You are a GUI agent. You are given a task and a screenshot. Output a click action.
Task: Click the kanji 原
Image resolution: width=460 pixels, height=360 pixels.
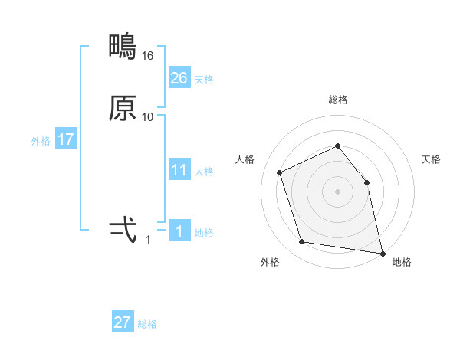(x=123, y=108)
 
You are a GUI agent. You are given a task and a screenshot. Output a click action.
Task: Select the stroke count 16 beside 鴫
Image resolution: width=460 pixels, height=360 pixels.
(x=148, y=56)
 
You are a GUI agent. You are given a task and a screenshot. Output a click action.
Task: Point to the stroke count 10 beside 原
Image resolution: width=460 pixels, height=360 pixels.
(x=148, y=116)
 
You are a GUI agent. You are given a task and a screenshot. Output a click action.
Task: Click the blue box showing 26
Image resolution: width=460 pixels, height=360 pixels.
(x=179, y=77)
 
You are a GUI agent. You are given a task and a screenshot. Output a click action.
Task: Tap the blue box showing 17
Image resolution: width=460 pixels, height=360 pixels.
(x=66, y=139)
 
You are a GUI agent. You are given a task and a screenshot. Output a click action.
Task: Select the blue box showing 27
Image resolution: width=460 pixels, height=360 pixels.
(x=123, y=322)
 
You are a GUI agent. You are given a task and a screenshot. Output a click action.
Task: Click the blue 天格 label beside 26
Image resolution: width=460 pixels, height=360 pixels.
(x=204, y=79)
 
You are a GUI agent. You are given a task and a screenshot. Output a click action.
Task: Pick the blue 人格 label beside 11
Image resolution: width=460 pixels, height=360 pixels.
(x=204, y=172)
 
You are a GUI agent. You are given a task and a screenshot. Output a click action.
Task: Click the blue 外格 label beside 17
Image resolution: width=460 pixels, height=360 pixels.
(x=41, y=141)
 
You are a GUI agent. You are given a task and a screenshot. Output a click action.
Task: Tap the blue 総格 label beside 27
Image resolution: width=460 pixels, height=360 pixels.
(x=147, y=324)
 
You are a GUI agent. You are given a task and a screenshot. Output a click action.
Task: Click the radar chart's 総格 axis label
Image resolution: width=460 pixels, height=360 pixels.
(x=337, y=100)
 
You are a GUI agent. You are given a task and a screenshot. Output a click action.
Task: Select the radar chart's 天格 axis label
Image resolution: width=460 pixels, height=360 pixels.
(x=431, y=159)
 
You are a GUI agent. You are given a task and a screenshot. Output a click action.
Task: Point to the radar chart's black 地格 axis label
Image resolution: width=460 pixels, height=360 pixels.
(x=402, y=262)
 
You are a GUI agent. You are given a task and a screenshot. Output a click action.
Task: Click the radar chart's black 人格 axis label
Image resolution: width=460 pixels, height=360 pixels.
(x=245, y=159)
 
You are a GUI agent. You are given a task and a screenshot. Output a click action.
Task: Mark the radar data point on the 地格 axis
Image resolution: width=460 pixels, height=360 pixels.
(x=382, y=252)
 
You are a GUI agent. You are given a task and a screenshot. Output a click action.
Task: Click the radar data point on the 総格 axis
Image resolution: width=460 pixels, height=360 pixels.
(x=337, y=146)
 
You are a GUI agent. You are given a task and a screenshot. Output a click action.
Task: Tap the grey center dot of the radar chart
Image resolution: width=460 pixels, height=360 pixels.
(x=337, y=191)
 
